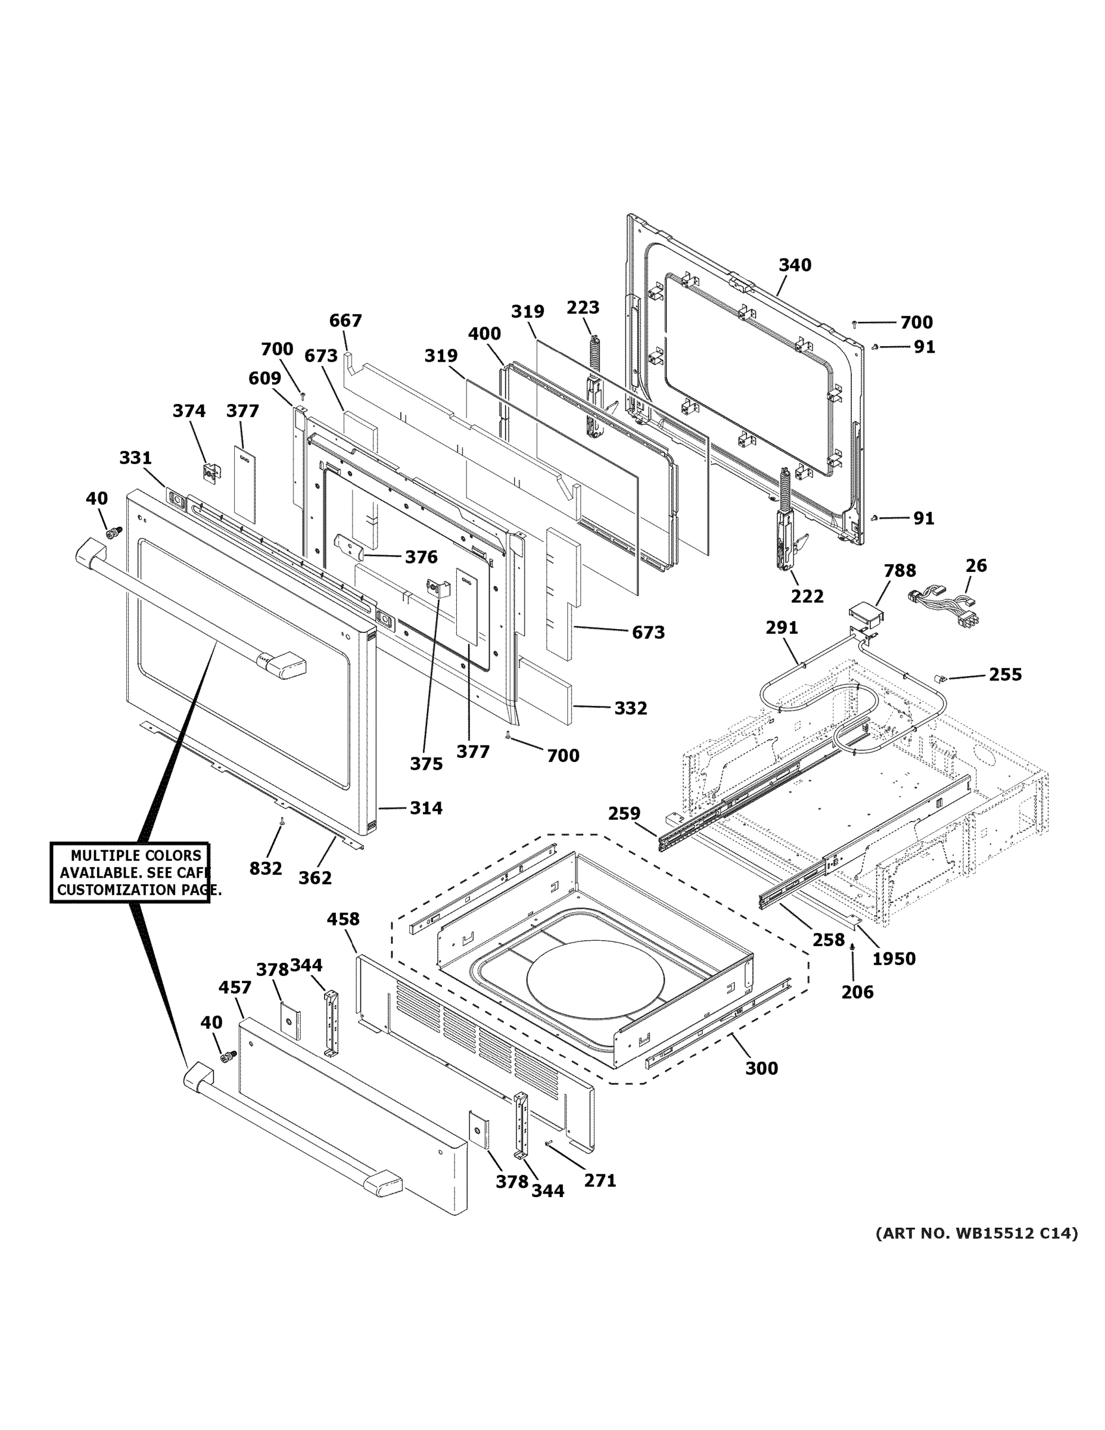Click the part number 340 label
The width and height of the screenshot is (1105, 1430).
tap(795, 265)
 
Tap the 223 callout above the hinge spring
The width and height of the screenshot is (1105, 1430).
tap(583, 307)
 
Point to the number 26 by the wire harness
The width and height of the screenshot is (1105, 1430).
tap(976, 565)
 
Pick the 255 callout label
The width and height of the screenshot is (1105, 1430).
tap(1005, 674)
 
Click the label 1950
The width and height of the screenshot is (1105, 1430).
tap(894, 959)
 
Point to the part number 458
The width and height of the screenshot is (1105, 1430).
tap(343, 919)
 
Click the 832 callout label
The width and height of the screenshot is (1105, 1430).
tap(266, 869)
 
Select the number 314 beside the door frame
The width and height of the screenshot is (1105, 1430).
tap(426, 808)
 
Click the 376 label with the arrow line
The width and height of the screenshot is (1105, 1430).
tap(421, 557)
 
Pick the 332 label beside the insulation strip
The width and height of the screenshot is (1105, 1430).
tap(630, 708)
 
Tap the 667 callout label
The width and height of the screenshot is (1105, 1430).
tap(345, 320)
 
